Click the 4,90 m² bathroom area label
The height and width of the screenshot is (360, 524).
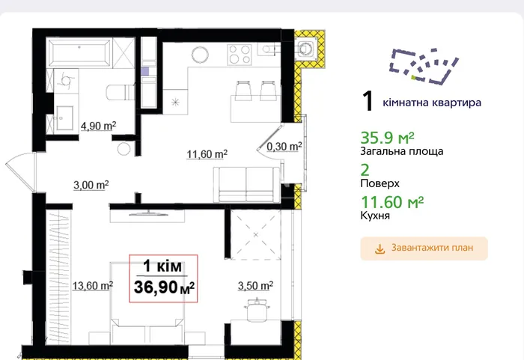(98, 126)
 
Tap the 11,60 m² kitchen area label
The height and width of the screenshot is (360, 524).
(207, 154)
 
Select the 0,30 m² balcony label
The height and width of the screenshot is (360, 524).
(284, 147)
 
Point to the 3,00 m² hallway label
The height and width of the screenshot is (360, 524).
(91, 185)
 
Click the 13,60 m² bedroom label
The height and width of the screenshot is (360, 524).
(93, 286)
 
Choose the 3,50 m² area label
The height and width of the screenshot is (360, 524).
(255, 286)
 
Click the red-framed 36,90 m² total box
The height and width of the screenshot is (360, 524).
(163, 278)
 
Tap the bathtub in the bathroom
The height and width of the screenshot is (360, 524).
(79, 53)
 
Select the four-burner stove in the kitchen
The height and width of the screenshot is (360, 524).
(240, 55)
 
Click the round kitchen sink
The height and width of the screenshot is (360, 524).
(200, 55)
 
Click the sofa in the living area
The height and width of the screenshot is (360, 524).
(246, 185)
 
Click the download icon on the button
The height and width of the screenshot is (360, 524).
(380, 248)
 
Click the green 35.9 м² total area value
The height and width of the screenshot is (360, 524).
(387, 138)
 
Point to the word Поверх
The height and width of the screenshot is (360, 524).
(380, 183)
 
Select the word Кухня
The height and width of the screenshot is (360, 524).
(375, 216)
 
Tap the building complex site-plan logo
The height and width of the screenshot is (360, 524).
(424, 66)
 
